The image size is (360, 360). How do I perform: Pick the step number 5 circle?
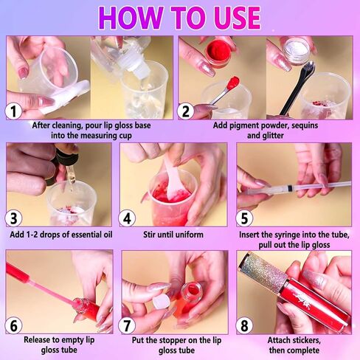click(x=246, y=219)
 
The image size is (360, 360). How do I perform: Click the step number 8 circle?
click(x=246, y=325)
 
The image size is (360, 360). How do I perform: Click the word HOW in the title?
click(x=129, y=17)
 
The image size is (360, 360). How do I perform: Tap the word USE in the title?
click(x=232, y=17)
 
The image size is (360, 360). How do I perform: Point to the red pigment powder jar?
click(x=218, y=56)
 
